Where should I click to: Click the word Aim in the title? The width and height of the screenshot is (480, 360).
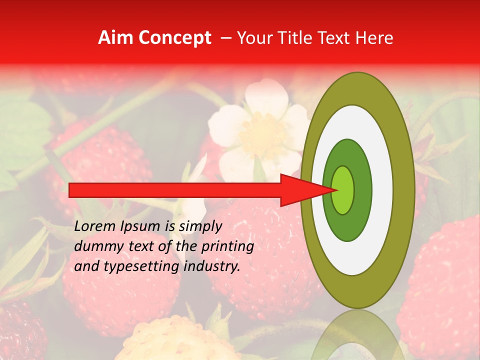click(x=115, y=38)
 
